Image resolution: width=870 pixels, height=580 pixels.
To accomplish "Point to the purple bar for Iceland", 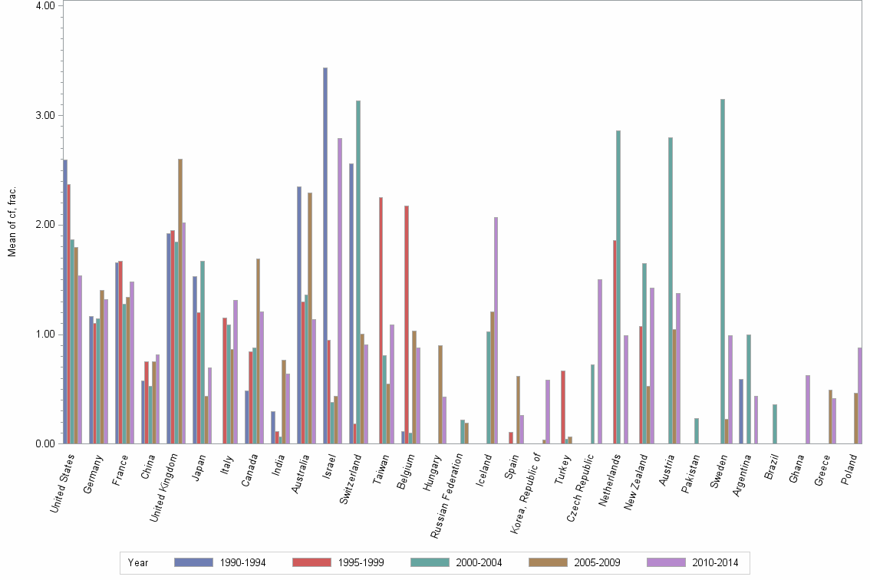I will (x=496, y=330).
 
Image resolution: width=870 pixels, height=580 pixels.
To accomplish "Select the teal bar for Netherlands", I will (x=618, y=287).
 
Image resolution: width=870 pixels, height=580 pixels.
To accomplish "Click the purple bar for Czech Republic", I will (x=600, y=361).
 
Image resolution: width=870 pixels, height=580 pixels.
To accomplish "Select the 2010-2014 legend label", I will (x=715, y=563).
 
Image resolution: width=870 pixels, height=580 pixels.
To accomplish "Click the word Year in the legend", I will (x=138, y=563).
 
